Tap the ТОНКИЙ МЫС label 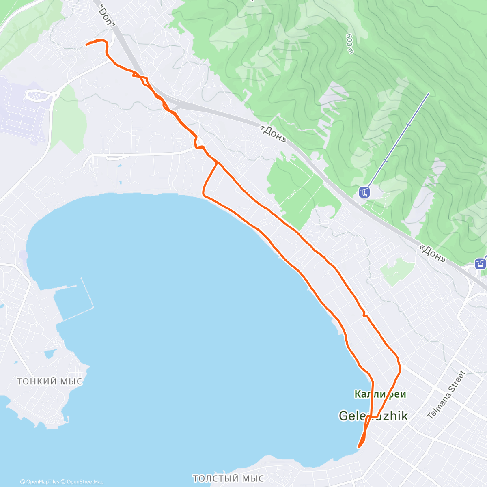click(x=50, y=381)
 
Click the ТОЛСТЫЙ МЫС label click(x=228, y=478)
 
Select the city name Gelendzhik click(x=373, y=416)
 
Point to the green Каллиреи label click(x=380, y=394)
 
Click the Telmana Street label click(x=446, y=395)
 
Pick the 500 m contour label click(x=349, y=43)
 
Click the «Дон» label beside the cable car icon click(x=432, y=253)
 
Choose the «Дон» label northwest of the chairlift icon click(x=273, y=133)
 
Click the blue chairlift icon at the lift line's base click(x=364, y=192)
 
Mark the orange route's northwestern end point click(x=86, y=45)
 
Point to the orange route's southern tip click(x=358, y=447)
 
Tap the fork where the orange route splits click(x=218, y=162)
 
